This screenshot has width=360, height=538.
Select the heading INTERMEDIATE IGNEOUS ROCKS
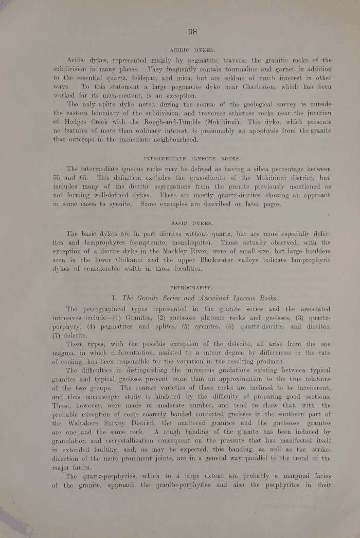coord(192,159)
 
